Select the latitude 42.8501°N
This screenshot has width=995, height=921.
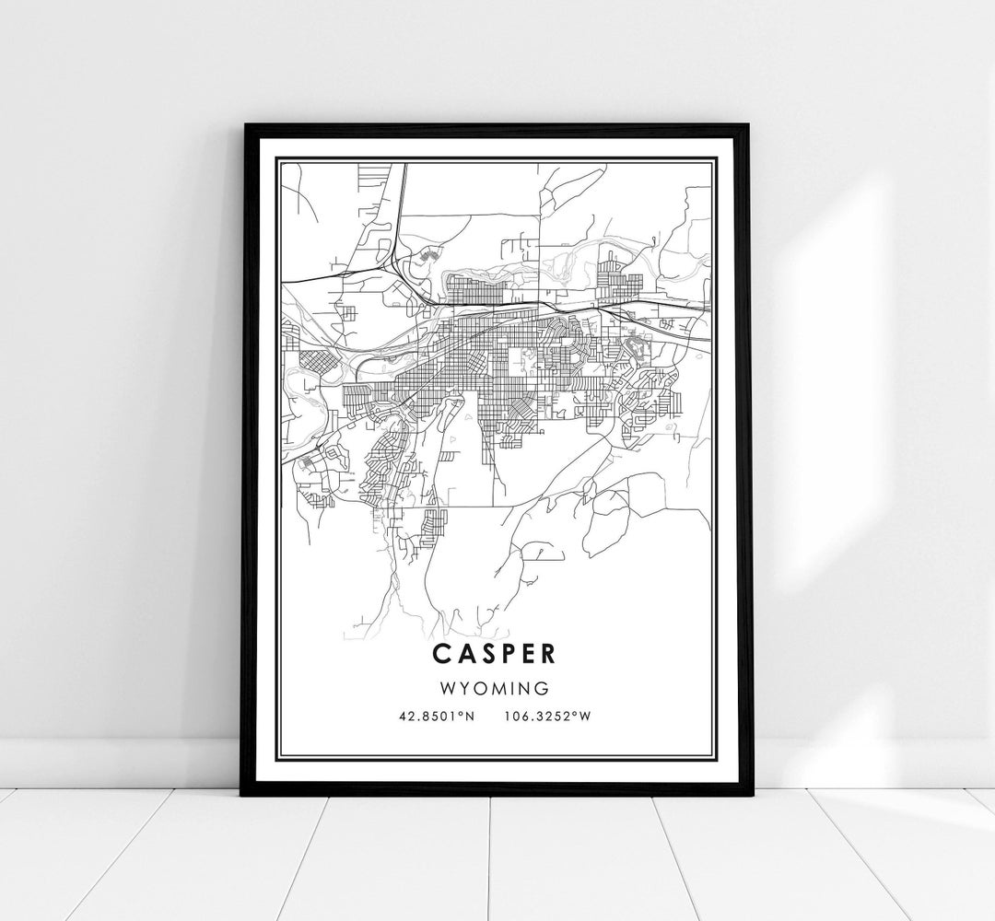pos(436,716)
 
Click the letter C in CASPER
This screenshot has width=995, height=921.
pos(439,653)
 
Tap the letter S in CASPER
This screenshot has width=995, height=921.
pos(485,653)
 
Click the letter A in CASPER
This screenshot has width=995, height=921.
pos(462,653)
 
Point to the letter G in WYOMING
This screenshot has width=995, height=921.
pos(544,688)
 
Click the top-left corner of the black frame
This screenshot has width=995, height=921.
pos(243,124)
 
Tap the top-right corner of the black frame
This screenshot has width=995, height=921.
pos(751,122)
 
